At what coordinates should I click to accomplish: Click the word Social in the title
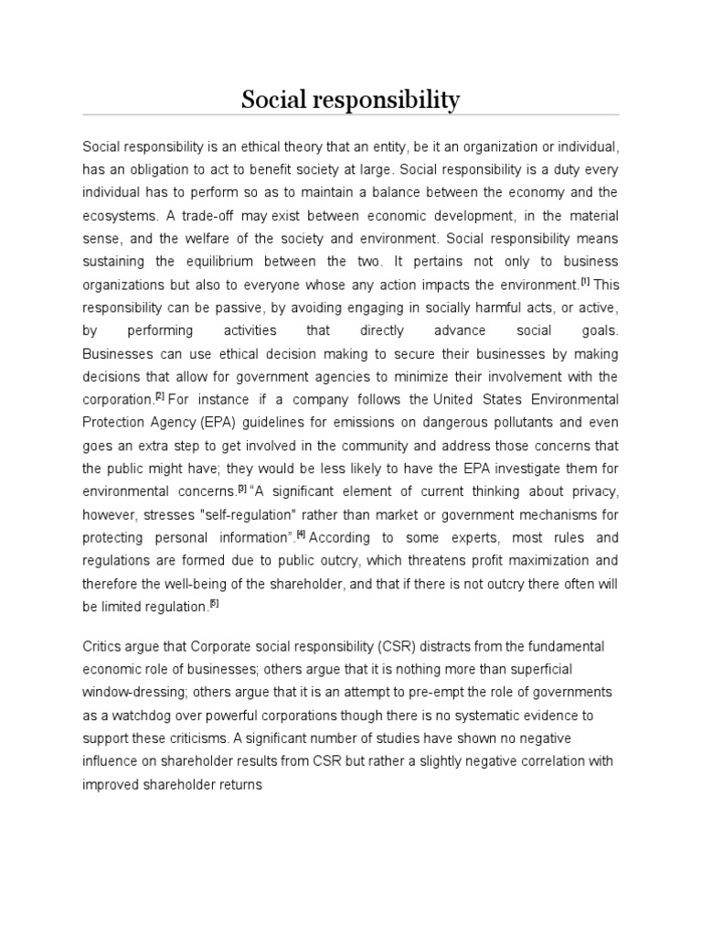[x=277, y=101]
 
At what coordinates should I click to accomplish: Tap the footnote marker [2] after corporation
[x=159, y=396]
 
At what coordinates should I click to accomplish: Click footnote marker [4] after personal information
[x=324, y=533]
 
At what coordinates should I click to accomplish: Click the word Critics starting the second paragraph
[x=101, y=647]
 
